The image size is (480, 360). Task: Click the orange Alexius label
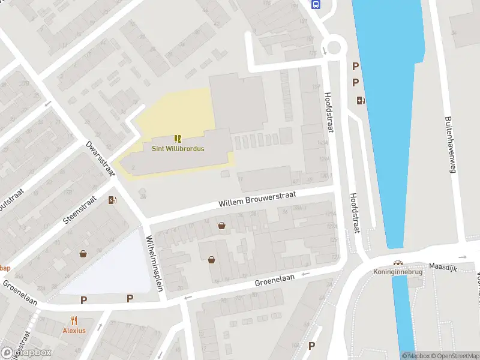click(x=74, y=330)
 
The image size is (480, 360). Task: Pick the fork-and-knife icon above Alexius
click(x=74, y=320)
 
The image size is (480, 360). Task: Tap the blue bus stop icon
click(x=316, y=4)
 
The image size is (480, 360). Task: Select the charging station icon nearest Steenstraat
click(x=112, y=200)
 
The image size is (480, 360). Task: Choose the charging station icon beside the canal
click(x=360, y=101)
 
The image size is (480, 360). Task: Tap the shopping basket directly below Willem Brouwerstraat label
click(x=222, y=226)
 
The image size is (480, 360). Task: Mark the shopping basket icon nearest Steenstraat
click(x=83, y=254)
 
